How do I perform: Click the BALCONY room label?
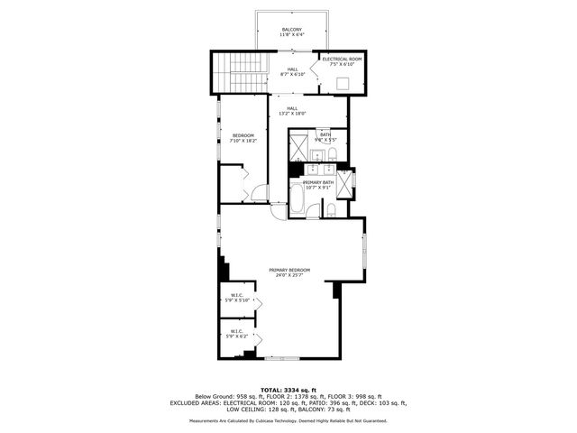292,32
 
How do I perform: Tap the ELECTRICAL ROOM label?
342,61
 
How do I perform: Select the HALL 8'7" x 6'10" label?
293,71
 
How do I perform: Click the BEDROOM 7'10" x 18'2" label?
243,138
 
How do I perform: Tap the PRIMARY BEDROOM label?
289,272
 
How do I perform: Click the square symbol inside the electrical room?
343,81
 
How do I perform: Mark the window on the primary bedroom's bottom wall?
279,359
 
